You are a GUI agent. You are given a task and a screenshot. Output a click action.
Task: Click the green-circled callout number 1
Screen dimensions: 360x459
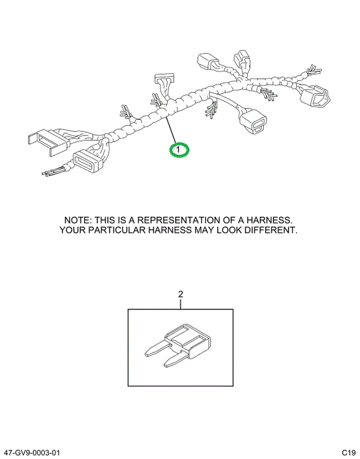tap(180, 150)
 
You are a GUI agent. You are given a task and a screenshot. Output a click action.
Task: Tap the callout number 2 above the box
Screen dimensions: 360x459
tap(180, 294)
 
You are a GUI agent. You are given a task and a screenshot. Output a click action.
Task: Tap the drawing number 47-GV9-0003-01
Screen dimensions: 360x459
tap(31, 453)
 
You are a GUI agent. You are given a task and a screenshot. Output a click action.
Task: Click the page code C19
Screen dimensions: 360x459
tap(349, 453)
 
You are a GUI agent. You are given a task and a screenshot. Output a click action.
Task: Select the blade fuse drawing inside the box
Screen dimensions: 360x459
tap(178, 345)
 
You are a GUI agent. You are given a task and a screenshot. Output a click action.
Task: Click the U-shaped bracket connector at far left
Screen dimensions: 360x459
tap(48, 143)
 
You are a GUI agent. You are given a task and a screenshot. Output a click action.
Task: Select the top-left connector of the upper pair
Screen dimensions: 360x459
tap(208, 61)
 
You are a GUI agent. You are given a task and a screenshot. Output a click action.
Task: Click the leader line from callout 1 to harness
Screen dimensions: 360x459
tap(172, 130)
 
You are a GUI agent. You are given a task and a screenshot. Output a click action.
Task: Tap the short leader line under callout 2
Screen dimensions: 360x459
tap(180, 303)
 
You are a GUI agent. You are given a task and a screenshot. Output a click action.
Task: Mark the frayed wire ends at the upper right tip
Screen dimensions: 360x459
tap(313, 70)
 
